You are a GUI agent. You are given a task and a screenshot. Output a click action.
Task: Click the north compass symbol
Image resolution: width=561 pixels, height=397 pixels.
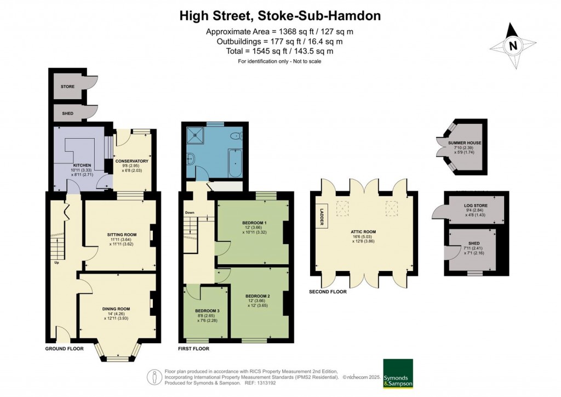(513, 46)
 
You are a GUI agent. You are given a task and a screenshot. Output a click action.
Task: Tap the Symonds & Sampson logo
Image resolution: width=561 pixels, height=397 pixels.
(397, 373)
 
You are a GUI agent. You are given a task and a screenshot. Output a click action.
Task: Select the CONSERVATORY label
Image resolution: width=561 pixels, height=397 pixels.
(131, 161)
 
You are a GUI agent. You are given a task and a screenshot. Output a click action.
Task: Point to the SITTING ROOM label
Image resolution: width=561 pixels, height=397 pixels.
(122, 234)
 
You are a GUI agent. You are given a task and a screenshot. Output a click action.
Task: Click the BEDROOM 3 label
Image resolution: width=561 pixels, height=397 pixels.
(206, 310)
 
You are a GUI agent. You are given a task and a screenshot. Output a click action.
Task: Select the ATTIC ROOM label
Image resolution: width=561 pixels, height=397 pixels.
(364, 232)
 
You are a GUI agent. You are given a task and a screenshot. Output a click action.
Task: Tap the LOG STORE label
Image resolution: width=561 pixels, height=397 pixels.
(468, 206)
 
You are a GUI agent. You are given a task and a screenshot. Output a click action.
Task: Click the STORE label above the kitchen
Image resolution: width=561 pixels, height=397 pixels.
(68, 87)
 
